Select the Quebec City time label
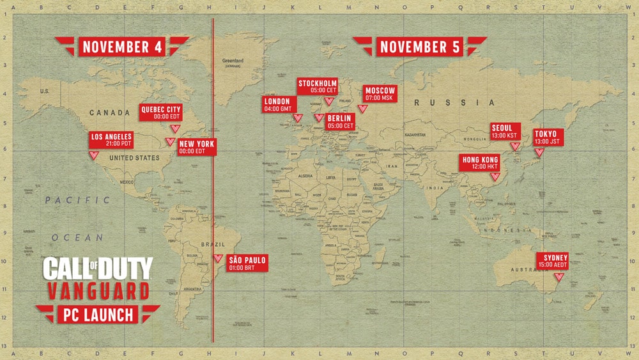click(x=161, y=112)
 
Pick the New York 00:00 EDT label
click(x=197, y=146)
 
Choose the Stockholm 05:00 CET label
click(x=318, y=87)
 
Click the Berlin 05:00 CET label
click(x=341, y=122)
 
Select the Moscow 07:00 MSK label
click(x=380, y=93)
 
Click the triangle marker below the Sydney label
click(x=559, y=277)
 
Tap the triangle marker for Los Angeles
click(x=94, y=155)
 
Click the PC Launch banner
click(x=97, y=314)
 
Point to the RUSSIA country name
click(x=454, y=102)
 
